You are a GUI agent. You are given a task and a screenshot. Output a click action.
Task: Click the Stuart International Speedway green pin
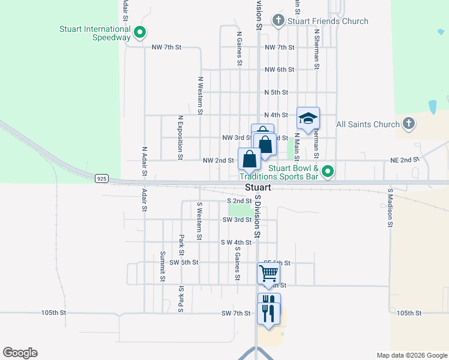coord(140,32)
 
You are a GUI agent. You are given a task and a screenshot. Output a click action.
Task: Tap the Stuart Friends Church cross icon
coord(278,21)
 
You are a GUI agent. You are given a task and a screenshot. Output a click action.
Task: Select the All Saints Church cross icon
coord(408,124)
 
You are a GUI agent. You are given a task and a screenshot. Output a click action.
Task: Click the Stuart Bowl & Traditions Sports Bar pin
coord(327,172)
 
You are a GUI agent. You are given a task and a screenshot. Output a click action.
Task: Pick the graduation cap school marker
coord(308,118)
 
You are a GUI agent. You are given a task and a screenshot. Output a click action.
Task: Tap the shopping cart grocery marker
coord(269,273)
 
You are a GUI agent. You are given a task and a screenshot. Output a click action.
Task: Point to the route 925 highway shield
coord(101,178)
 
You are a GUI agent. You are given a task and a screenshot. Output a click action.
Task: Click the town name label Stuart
coord(258,188)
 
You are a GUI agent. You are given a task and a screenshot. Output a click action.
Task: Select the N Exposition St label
coord(179,138)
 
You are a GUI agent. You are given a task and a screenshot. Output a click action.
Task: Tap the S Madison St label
coord(390,208)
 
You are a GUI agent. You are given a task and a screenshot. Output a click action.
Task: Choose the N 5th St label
coord(276,92)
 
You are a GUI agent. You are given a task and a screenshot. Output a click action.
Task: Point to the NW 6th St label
coord(279,70)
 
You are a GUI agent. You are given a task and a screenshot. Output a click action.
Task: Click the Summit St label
coord(162,266)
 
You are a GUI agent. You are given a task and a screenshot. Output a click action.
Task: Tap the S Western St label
coord(199,220)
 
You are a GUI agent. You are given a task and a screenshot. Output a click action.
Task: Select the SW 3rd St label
coord(236,220)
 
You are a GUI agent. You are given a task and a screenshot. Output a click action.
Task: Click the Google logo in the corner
coord(20,353)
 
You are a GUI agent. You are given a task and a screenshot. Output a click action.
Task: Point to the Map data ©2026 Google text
coord(412,355)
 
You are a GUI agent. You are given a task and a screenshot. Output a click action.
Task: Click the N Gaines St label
coord(240,49)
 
